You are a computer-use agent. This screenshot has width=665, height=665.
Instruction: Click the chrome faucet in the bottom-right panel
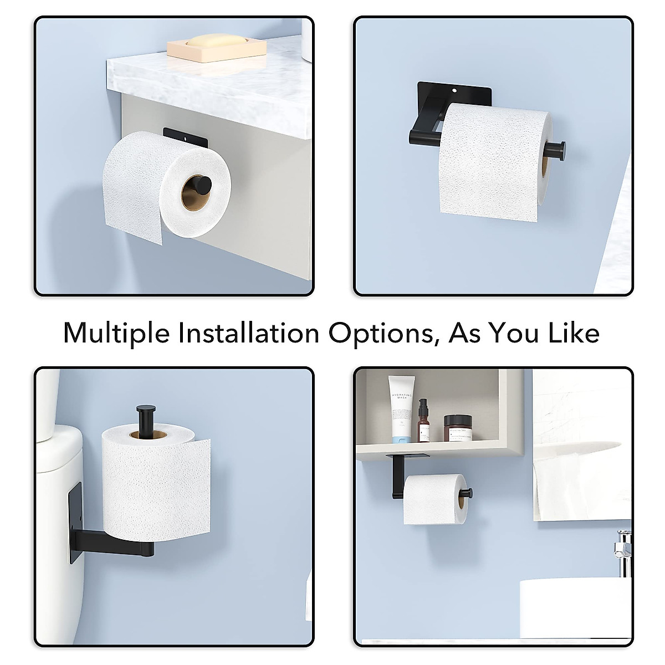623,546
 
